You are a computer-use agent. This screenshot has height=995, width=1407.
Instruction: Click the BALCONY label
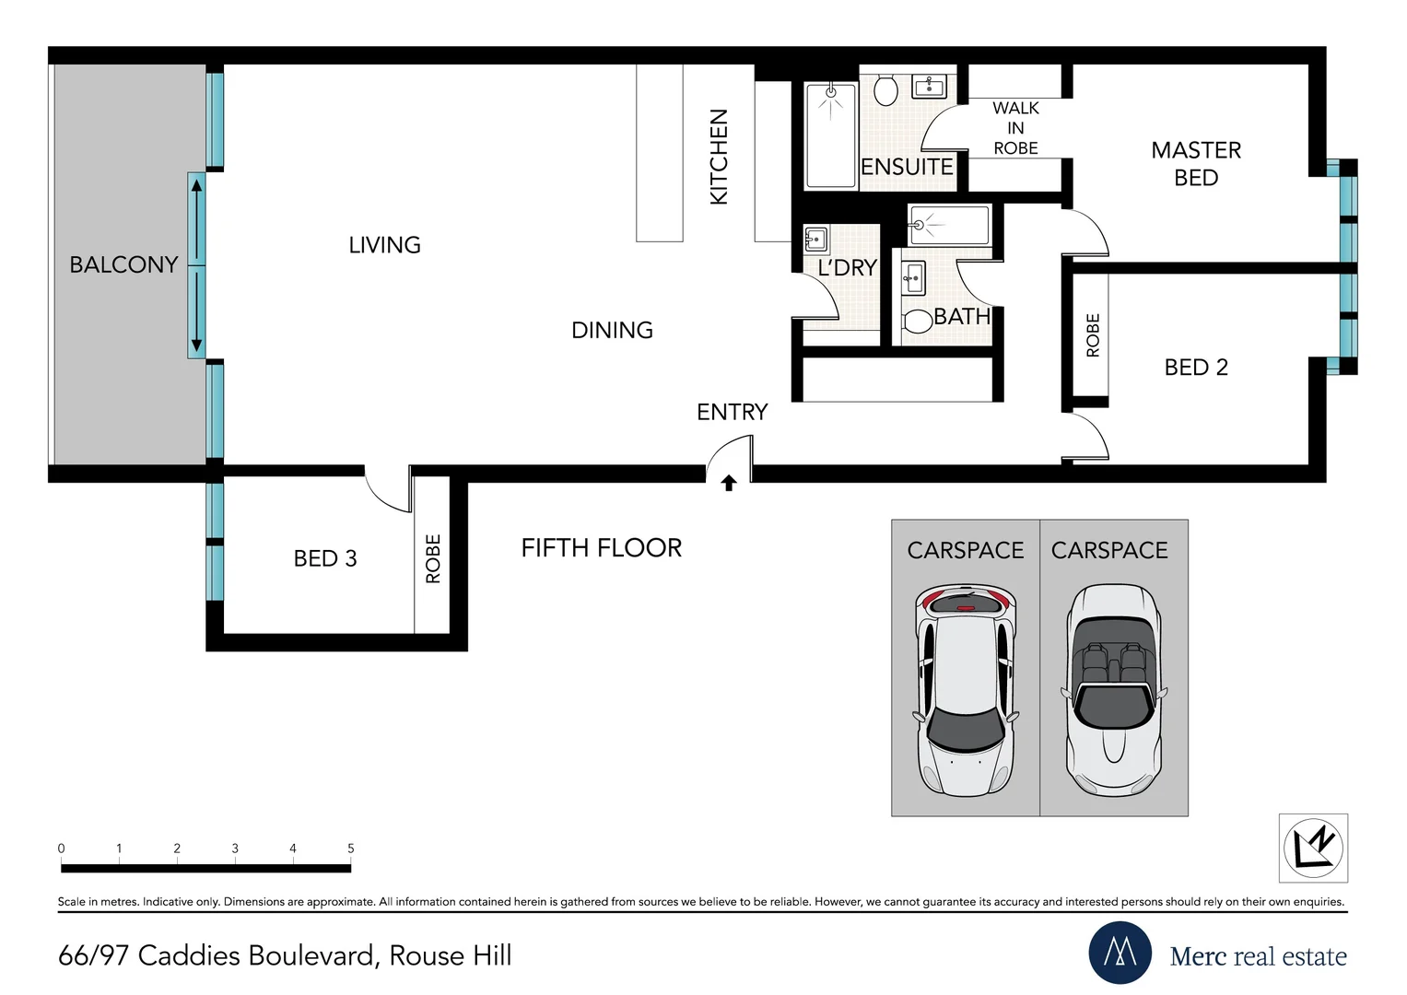pos(123,264)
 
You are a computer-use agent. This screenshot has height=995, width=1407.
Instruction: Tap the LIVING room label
pos(384,245)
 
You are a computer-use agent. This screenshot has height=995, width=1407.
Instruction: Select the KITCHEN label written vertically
pos(719,157)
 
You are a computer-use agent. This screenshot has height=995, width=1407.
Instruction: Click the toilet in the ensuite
pos(885,90)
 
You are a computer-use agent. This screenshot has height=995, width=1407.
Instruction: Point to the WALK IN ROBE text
pos(1015,128)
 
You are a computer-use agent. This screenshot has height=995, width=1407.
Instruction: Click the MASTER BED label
pos(1196,164)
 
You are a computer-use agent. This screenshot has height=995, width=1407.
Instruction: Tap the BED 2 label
pos(1196,368)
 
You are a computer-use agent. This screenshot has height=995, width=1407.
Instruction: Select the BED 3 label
pos(324,558)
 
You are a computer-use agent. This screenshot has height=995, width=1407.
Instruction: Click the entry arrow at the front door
pos(729,482)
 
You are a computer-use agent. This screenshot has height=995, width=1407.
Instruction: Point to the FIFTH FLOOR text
pos(601,548)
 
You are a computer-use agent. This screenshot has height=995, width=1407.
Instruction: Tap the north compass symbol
pos(1313,848)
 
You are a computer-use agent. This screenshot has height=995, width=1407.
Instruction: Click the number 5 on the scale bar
pos(350,849)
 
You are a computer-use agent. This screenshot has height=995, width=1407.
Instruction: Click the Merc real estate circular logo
pos(1120,953)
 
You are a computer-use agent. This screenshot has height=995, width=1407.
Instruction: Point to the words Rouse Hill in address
pos(450,955)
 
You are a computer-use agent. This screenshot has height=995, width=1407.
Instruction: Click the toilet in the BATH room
pos(918,321)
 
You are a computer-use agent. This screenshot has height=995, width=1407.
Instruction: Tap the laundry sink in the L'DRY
pos(815,239)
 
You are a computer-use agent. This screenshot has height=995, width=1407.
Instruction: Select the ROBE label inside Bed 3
pos(433,558)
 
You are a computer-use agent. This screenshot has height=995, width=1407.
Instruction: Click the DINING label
pos(612,330)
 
